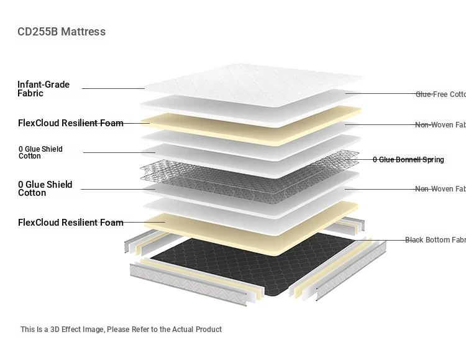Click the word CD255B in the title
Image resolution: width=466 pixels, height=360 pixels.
coord(39,32)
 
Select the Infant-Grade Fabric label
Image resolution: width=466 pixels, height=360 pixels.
coord(43,89)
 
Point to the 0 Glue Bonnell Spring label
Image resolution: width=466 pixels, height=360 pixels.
coord(408,160)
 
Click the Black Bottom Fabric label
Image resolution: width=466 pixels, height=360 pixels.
coord(435,240)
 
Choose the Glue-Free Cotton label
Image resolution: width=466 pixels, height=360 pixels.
coord(440,95)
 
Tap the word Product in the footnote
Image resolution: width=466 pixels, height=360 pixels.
coord(208,330)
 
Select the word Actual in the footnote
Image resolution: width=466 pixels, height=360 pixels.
coord(180,330)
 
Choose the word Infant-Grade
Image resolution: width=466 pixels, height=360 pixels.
coord(43,85)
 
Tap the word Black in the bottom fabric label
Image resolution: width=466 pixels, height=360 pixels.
coord(415,240)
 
